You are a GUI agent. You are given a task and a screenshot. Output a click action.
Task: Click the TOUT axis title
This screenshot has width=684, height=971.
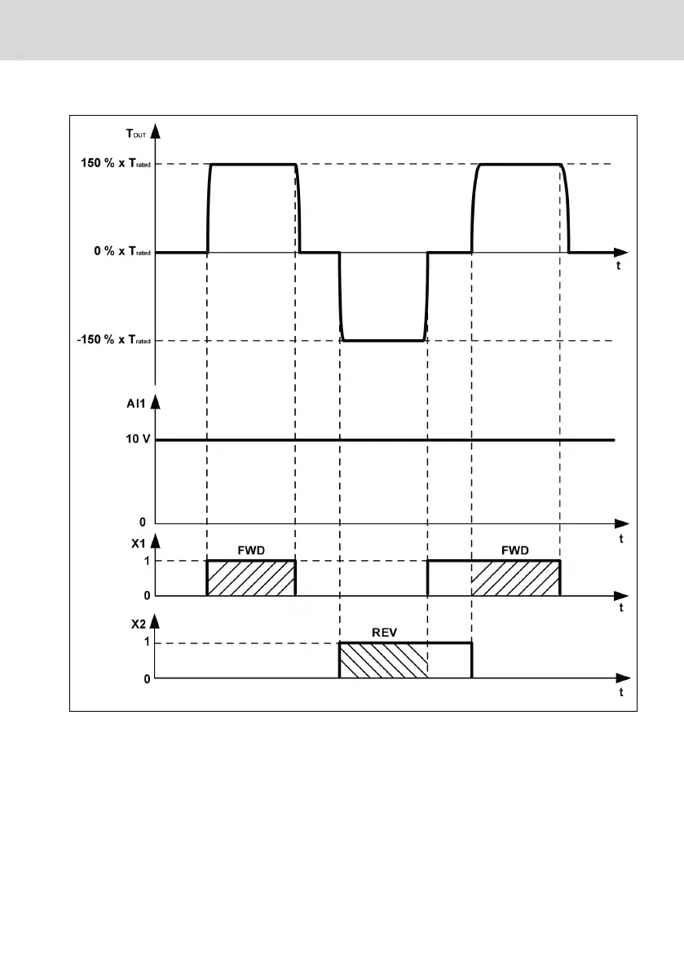click(136, 134)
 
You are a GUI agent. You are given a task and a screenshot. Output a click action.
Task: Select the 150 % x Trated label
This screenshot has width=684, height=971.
click(116, 164)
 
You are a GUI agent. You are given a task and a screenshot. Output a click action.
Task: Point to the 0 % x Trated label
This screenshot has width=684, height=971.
click(122, 251)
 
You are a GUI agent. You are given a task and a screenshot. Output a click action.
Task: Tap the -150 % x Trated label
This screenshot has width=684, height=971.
click(114, 340)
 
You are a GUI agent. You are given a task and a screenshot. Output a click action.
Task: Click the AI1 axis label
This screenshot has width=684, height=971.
click(135, 404)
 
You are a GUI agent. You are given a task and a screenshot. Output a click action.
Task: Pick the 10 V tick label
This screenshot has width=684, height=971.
click(138, 439)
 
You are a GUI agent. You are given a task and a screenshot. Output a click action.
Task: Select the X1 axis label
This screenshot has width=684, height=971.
click(138, 544)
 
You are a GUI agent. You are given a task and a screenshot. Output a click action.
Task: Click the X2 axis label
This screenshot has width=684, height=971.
click(138, 625)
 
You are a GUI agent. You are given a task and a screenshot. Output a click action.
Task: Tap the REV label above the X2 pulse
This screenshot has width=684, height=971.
click(385, 633)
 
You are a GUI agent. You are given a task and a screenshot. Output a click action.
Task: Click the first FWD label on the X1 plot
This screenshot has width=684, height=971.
click(251, 550)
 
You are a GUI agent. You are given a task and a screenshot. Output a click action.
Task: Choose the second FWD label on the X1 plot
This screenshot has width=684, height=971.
click(515, 550)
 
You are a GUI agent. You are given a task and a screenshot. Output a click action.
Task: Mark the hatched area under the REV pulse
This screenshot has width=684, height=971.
click(383, 660)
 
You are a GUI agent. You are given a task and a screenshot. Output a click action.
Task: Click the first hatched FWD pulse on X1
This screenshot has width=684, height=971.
click(251, 578)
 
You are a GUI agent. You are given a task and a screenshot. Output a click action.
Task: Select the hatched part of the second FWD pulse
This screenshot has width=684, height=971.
click(515, 578)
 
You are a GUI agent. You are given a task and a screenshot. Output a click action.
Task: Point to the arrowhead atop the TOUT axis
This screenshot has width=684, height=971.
click(156, 130)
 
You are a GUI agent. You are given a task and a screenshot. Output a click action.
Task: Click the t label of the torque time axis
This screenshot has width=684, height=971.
click(619, 266)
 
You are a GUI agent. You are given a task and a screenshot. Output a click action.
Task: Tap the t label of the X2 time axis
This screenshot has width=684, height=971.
click(621, 692)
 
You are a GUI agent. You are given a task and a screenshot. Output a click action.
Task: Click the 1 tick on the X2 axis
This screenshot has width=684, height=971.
click(147, 642)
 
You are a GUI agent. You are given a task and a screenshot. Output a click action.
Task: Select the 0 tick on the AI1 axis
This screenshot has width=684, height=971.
click(143, 522)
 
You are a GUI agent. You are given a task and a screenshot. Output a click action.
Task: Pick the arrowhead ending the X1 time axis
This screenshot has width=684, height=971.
click(621, 596)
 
